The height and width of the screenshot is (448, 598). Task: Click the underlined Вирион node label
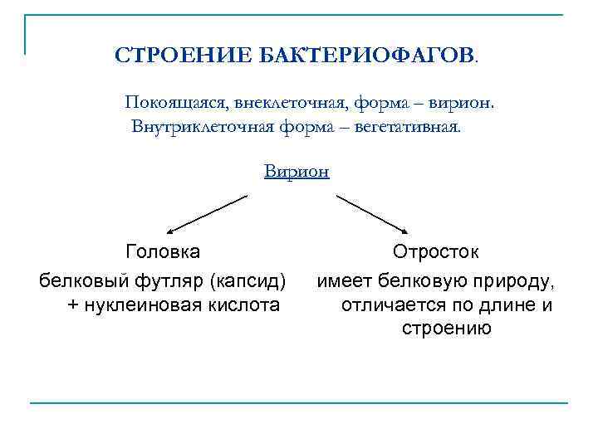tap(297, 172)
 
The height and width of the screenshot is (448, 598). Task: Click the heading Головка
tap(162, 251)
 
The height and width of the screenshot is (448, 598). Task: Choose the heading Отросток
tap(435, 251)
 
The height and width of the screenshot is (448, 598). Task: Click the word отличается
tap(389, 304)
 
